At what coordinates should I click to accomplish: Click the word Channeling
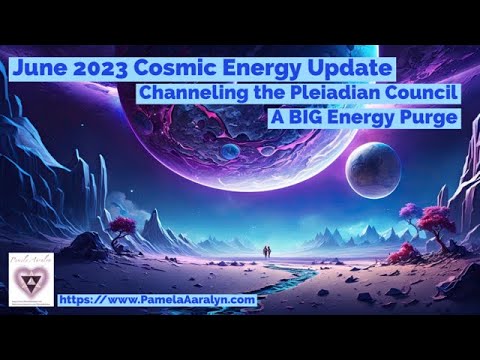tap(187, 93)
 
